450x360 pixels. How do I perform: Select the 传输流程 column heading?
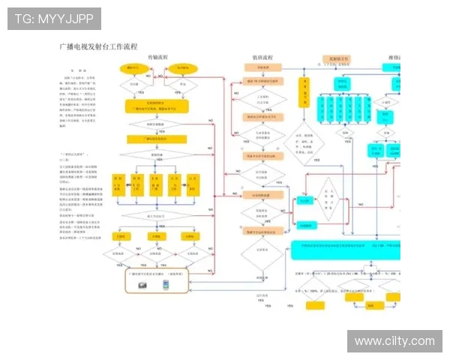coord(157,58)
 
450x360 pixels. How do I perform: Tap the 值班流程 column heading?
coord(262,58)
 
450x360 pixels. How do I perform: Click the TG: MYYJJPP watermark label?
coord(54,19)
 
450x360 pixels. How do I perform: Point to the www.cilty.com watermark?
coord(394,341)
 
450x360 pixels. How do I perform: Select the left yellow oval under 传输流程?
coord(133,68)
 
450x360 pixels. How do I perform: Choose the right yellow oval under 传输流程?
coord(182,68)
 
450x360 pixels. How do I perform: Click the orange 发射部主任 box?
coord(335,58)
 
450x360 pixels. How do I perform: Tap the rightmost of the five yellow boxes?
coord(193,183)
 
